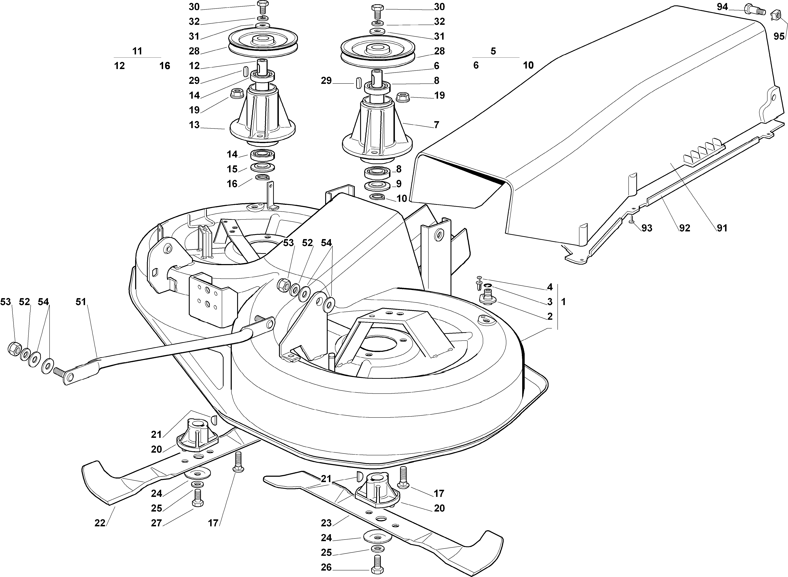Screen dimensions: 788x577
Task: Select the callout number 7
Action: tap(436, 125)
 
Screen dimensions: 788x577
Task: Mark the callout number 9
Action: tap(399, 184)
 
